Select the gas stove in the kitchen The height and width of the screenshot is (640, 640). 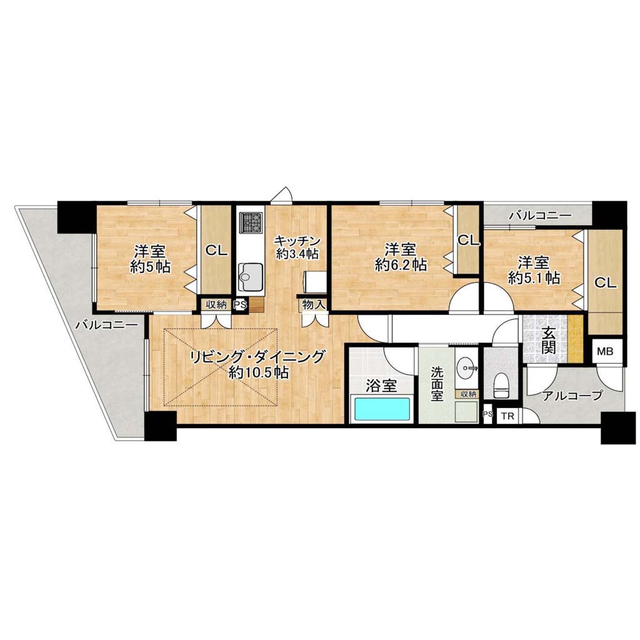[251, 222]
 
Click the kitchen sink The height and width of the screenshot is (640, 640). [251, 277]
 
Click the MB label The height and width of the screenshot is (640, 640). [605, 351]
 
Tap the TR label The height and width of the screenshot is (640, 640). [507, 417]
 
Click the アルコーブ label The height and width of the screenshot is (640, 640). [572, 395]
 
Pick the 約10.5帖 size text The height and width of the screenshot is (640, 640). [259, 372]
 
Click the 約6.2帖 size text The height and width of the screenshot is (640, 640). [401, 265]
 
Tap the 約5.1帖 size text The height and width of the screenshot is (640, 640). [534, 278]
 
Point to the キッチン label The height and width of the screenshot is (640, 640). [297, 239]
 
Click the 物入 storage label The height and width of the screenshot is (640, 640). [314, 304]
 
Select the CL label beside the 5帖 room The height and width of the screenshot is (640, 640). [216, 250]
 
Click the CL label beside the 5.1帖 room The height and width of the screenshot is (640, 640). [605, 282]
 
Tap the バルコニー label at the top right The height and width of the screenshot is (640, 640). [541, 216]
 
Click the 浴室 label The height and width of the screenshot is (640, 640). [381, 386]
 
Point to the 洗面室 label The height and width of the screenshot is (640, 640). [437, 384]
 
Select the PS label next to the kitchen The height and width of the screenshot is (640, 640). [239, 304]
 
